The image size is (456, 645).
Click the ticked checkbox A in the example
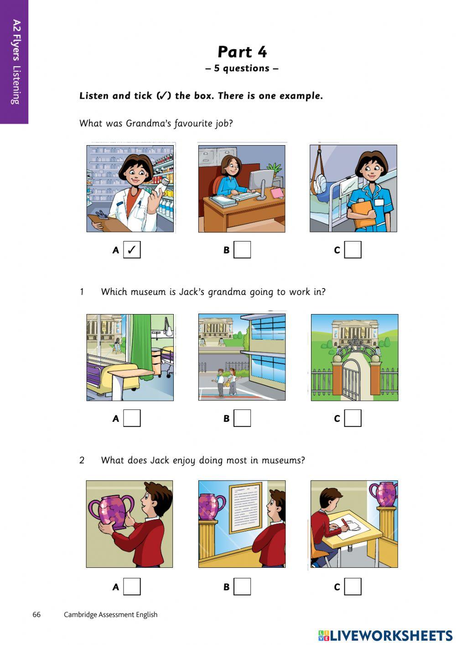tap(132, 250)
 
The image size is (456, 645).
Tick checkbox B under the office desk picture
tap(242, 250)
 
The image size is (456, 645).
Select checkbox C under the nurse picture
tap(352, 250)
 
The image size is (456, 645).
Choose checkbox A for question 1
tap(132, 418)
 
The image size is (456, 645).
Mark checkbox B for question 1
tap(242, 418)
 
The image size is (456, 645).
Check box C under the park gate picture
tap(352, 418)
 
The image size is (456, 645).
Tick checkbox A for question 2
tap(132, 587)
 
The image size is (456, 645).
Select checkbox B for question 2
tap(242, 587)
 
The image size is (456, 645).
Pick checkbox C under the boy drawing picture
tap(352, 587)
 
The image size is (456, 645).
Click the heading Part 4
tap(242, 52)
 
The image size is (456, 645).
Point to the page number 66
tap(36, 614)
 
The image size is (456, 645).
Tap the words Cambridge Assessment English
tap(110, 614)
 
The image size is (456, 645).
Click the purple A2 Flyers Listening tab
tap(15, 62)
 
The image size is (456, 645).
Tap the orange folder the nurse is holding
tap(363, 213)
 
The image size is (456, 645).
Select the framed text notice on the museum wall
tap(246, 507)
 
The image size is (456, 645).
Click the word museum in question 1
tap(149, 292)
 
